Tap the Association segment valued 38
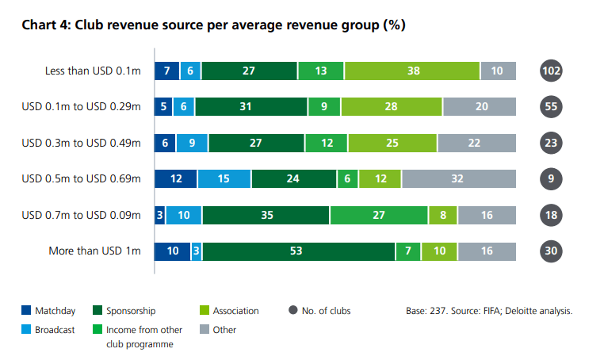point(413,71)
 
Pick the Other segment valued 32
point(458,179)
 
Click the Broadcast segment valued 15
point(224,179)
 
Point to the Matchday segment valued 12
point(176,179)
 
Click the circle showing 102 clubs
point(551,71)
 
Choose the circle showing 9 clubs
point(551,179)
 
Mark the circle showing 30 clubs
point(551,251)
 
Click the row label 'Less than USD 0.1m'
point(93,71)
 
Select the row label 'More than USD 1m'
point(96,251)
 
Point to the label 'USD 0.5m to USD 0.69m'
point(81,179)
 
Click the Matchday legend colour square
point(27,311)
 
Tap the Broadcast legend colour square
point(27,329)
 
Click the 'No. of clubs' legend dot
point(294,311)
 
